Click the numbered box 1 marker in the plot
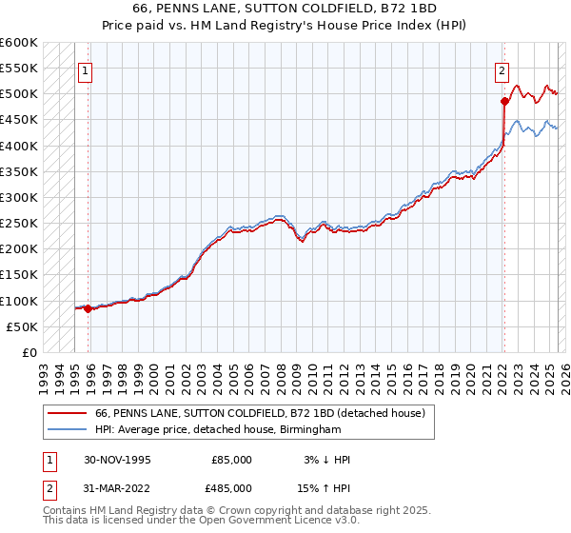(x=86, y=69)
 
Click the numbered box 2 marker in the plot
(x=502, y=69)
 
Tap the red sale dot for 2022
(x=503, y=100)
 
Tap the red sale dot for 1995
(x=88, y=308)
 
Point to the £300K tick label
(x=19, y=197)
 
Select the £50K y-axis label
(x=23, y=326)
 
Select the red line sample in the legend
(x=67, y=413)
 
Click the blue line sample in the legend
(x=67, y=430)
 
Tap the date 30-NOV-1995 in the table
(x=117, y=460)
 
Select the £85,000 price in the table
(x=231, y=460)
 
